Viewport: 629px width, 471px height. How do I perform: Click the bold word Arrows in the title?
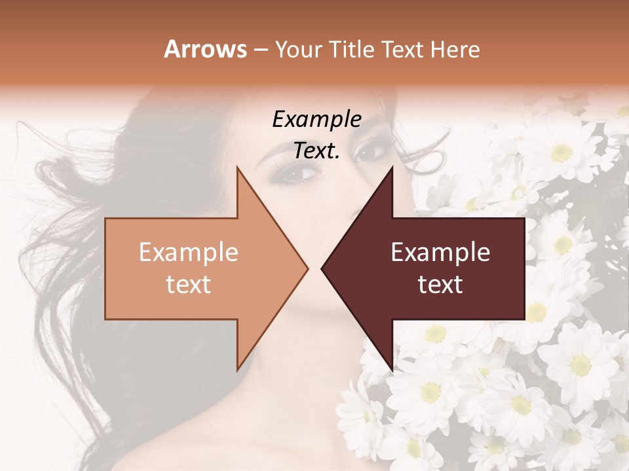pos(206,49)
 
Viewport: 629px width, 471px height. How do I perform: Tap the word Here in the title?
pos(456,49)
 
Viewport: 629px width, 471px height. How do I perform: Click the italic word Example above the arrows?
pos(317,120)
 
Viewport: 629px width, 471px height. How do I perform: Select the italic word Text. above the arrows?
pos(317,151)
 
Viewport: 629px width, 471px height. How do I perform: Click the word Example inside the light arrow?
pos(189,253)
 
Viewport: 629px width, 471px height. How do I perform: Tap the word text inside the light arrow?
pos(189,284)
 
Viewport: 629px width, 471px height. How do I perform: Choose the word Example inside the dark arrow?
pos(440,253)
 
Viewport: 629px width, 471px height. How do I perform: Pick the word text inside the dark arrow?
pos(440,284)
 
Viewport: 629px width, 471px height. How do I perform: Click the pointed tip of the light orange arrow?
pos(307,268)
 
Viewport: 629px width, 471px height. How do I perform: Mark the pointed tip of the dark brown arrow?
pos(322,268)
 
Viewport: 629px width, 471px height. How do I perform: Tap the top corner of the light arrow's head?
pos(237,168)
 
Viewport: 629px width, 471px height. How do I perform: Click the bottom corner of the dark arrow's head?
pos(392,370)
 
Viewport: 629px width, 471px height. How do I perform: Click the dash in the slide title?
pos(260,50)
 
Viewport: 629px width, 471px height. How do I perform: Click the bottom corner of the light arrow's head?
pos(237,370)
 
